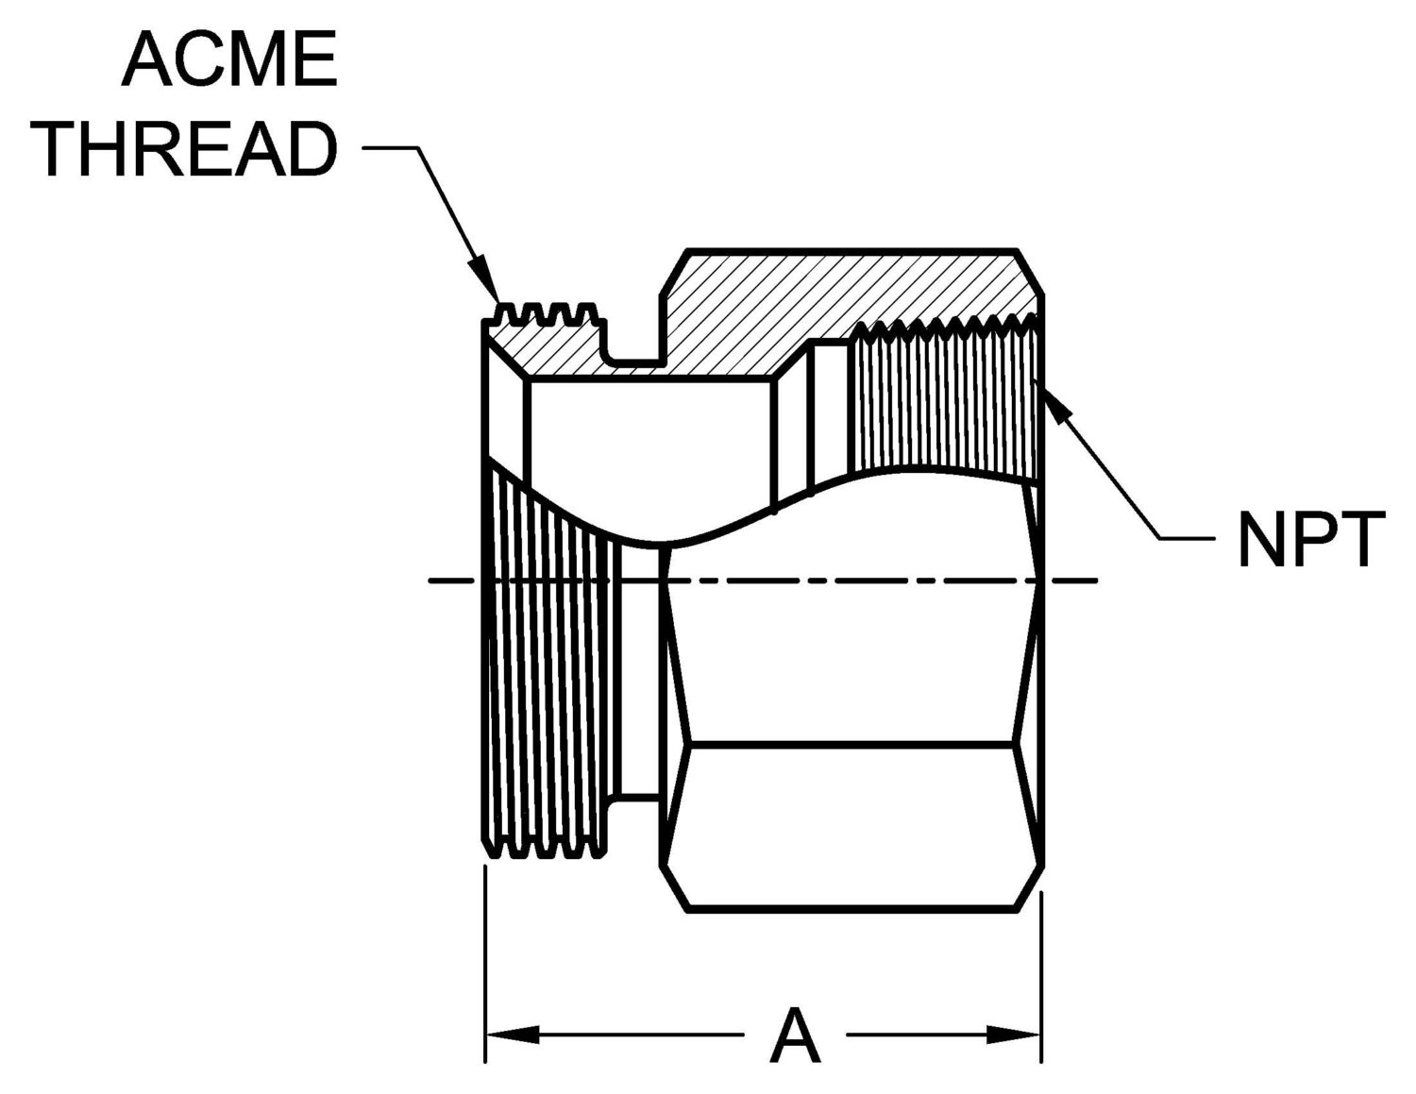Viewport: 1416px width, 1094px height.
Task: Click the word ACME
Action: (229, 59)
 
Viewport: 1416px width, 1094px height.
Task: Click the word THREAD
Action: (189, 148)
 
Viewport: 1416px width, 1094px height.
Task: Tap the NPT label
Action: (1310, 540)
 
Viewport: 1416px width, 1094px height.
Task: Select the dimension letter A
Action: (794, 1035)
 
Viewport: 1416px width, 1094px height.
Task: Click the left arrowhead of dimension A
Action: (510, 1035)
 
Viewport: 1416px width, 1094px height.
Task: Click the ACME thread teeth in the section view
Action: (548, 316)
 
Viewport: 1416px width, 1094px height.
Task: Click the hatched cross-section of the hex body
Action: (850, 293)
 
